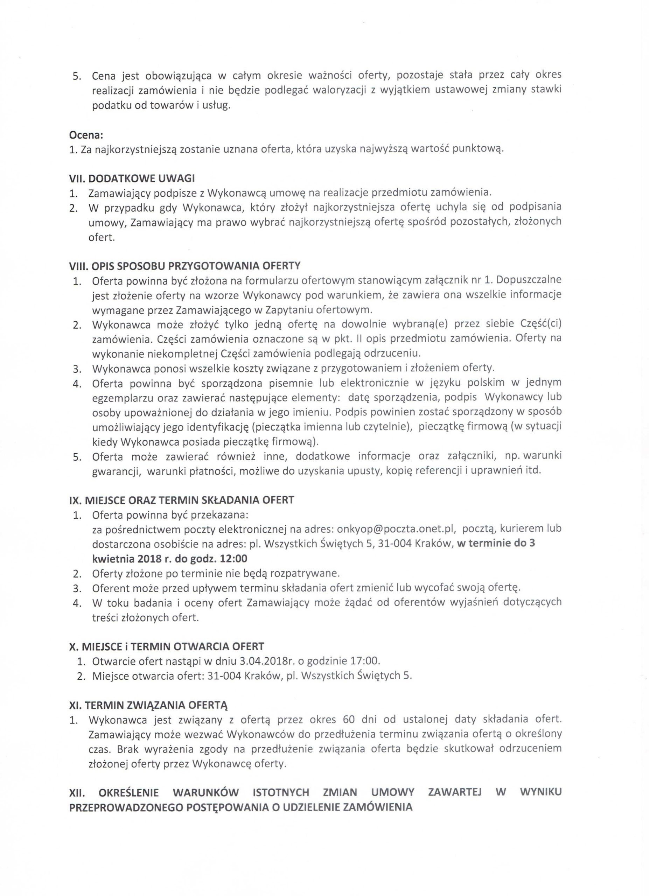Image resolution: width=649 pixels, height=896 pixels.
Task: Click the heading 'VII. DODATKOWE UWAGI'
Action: pos(132,178)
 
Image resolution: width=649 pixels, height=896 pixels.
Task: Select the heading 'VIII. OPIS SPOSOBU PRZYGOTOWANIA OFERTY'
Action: pos(185,265)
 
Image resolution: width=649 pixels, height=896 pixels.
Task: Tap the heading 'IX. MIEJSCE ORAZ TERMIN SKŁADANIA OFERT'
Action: pos(182,500)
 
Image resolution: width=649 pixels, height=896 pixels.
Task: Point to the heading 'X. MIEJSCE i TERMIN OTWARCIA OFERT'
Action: pos(166,646)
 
